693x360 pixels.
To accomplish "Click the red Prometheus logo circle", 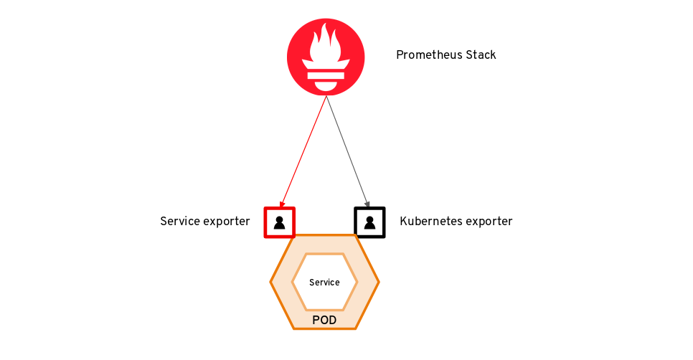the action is [x=326, y=57].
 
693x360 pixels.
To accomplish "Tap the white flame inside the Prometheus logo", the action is [x=326, y=44].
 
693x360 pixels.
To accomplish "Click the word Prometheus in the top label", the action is [x=427, y=55].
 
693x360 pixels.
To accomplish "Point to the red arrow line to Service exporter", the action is [x=303, y=151].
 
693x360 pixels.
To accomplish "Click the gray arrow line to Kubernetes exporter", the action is [x=348, y=151].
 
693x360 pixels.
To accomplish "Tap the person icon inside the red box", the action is [x=279, y=222].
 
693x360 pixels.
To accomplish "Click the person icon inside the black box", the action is [x=370, y=222].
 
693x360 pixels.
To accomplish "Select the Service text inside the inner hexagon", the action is [x=324, y=283].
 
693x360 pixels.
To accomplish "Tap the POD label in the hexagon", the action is [x=324, y=321].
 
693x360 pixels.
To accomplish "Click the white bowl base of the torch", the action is [x=326, y=85].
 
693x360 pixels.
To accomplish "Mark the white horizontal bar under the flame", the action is [x=326, y=75].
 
